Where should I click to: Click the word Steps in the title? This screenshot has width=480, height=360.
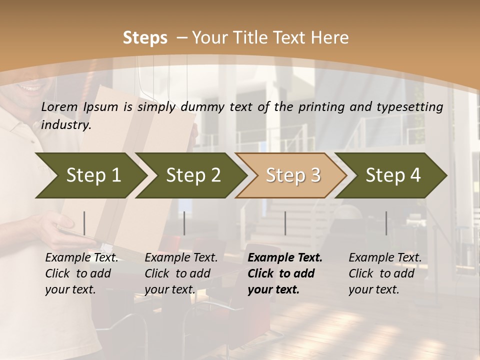pyautogui.click(x=145, y=38)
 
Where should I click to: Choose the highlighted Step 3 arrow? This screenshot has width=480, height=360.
pyautogui.click(x=293, y=175)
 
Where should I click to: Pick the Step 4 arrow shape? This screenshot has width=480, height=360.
pyautogui.click(x=393, y=175)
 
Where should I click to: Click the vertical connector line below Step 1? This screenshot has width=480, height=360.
pyautogui.click(x=84, y=223)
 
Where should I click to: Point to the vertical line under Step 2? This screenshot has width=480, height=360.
pyautogui.click(x=184, y=223)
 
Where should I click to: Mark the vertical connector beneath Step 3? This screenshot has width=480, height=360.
pyautogui.click(x=285, y=223)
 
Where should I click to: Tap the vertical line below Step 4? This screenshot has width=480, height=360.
pyautogui.click(x=386, y=223)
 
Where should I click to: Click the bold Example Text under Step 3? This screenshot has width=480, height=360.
pyautogui.click(x=285, y=273)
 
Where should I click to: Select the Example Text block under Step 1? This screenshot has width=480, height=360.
pyautogui.click(x=81, y=273)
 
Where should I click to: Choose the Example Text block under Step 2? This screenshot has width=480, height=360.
pyautogui.click(x=181, y=273)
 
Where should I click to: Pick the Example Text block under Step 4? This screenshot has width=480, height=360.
pyautogui.click(x=385, y=273)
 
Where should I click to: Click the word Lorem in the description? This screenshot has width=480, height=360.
pyautogui.click(x=59, y=106)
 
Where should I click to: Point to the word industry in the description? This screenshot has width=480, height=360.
pyautogui.click(x=66, y=125)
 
